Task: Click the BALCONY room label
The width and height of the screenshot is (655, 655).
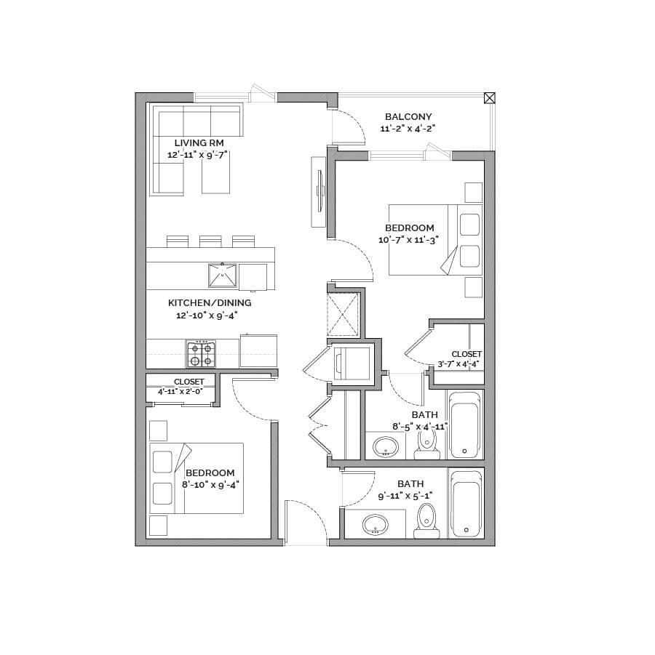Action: (x=408, y=116)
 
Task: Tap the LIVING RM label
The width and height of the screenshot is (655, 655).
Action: (x=199, y=143)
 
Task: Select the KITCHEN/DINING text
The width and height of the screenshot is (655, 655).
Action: (x=210, y=303)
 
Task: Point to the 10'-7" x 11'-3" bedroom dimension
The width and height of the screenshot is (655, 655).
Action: (x=408, y=240)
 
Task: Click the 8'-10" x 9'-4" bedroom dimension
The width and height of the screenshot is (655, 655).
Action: (x=210, y=485)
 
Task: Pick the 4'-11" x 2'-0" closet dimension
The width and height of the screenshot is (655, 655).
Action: (x=180, y=391)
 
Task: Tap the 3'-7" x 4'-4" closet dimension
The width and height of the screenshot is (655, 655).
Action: (x=458, y=363)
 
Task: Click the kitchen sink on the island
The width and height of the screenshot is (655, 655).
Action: (x=223, y=276)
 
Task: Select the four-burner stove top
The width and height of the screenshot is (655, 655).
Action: (x=201, y=354)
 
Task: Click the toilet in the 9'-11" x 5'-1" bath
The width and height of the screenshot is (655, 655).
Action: (x=426, y=521)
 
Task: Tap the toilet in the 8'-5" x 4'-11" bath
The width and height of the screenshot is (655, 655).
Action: (x=426, y=443)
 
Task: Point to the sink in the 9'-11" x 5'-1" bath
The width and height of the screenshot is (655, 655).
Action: (x=376, y=525)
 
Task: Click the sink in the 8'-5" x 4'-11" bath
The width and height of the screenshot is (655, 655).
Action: (x=386, y=447)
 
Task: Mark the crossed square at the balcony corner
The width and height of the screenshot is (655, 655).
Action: (x=489, y=98)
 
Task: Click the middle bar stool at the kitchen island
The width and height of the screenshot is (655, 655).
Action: (x=210, y=241)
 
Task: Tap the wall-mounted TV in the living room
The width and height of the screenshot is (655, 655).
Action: (x=319, y=192)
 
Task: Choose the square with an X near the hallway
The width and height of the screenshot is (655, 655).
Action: (x=343, y=315)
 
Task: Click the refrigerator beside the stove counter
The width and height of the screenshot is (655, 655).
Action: (x=258, y=351)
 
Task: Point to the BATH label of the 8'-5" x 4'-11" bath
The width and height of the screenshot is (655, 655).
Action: (x=424, y=415)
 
